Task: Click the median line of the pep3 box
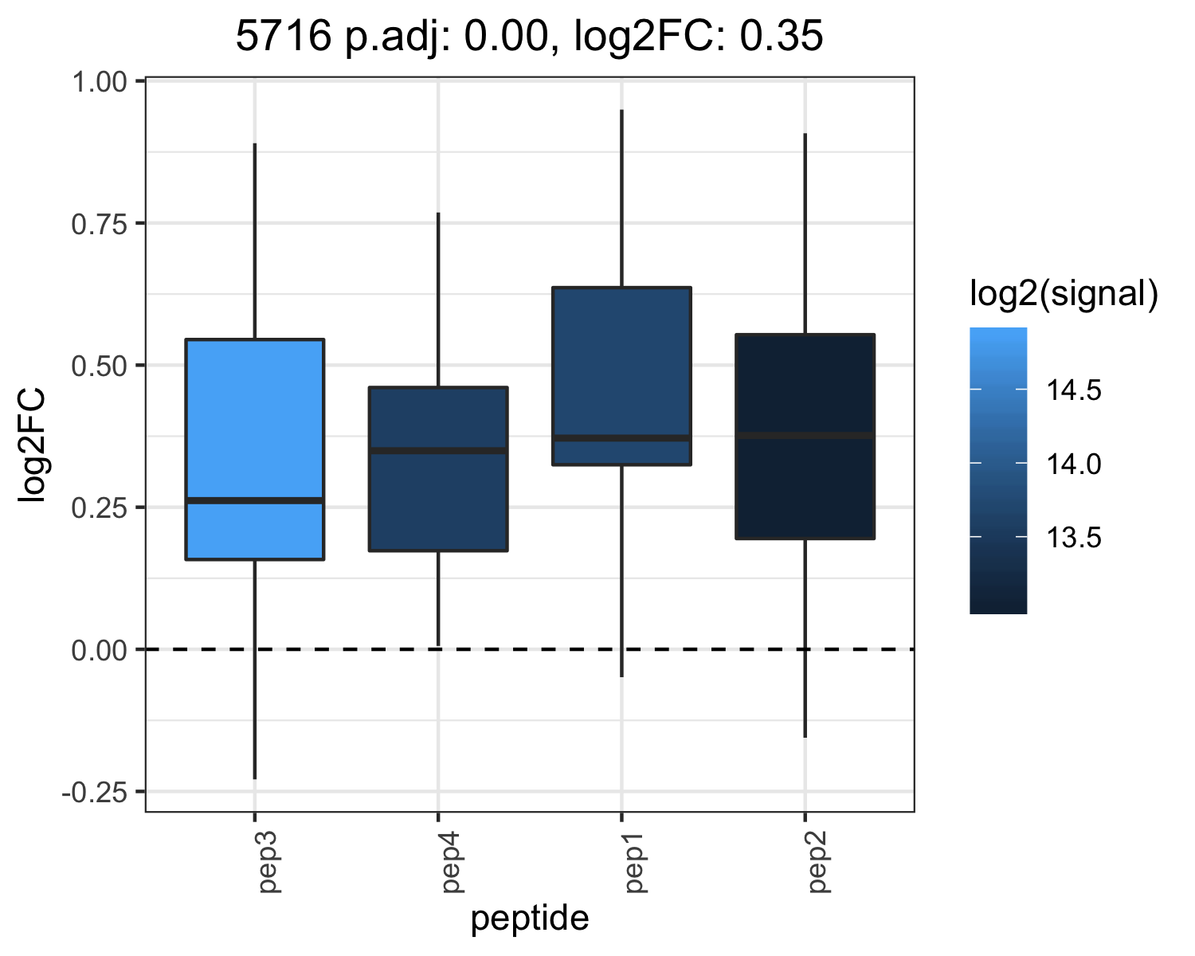(x=255, y=500)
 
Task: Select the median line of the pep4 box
(x=438, y=450)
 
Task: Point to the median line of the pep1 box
(x=621, y=438)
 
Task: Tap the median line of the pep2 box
(x=805, y=436)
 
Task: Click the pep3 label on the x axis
(x=270, y=862)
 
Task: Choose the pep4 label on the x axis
(x=453, y=862)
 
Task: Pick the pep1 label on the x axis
(x=637, y=862)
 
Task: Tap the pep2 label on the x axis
(x=820, y=862)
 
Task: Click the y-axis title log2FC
(x=32, y=446)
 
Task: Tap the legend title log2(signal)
(x=1064, y=294)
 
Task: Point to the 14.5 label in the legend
(x=1074, y=390)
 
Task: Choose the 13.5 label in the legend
(x=1074, y=537)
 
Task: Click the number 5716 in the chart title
(x=283, y=36)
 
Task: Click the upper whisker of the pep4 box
(x=438, y=300)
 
